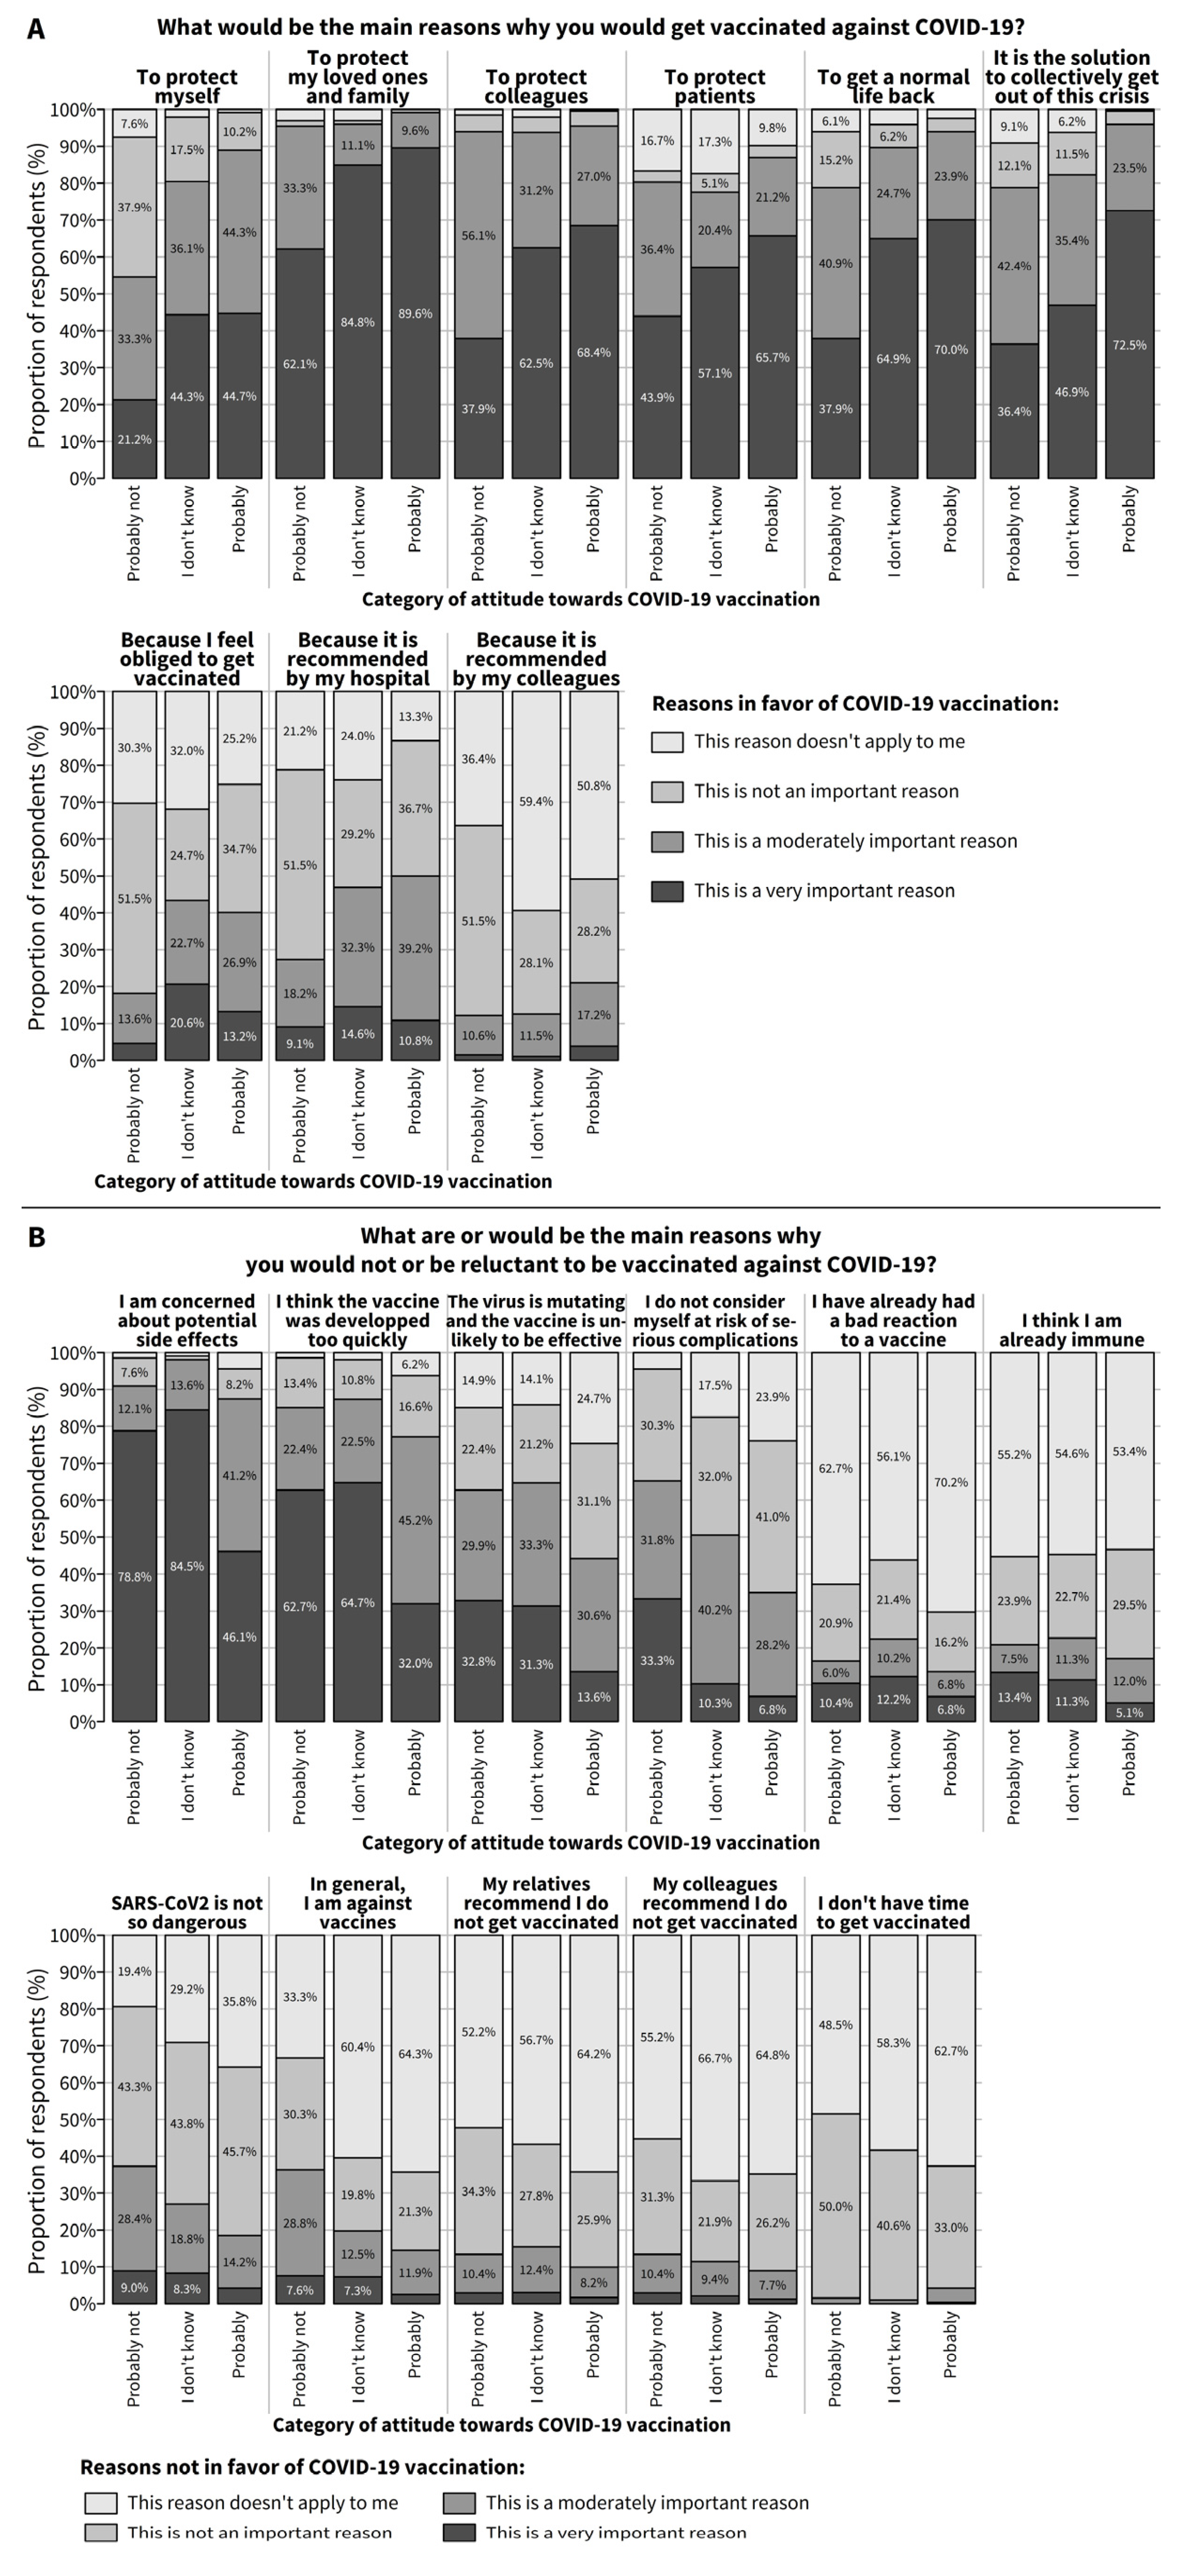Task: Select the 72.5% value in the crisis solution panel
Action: [1130, 345]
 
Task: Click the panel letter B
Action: [36, 1238]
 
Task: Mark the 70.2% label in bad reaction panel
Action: [951, 1482]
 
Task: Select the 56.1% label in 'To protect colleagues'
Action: [479, 236]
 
